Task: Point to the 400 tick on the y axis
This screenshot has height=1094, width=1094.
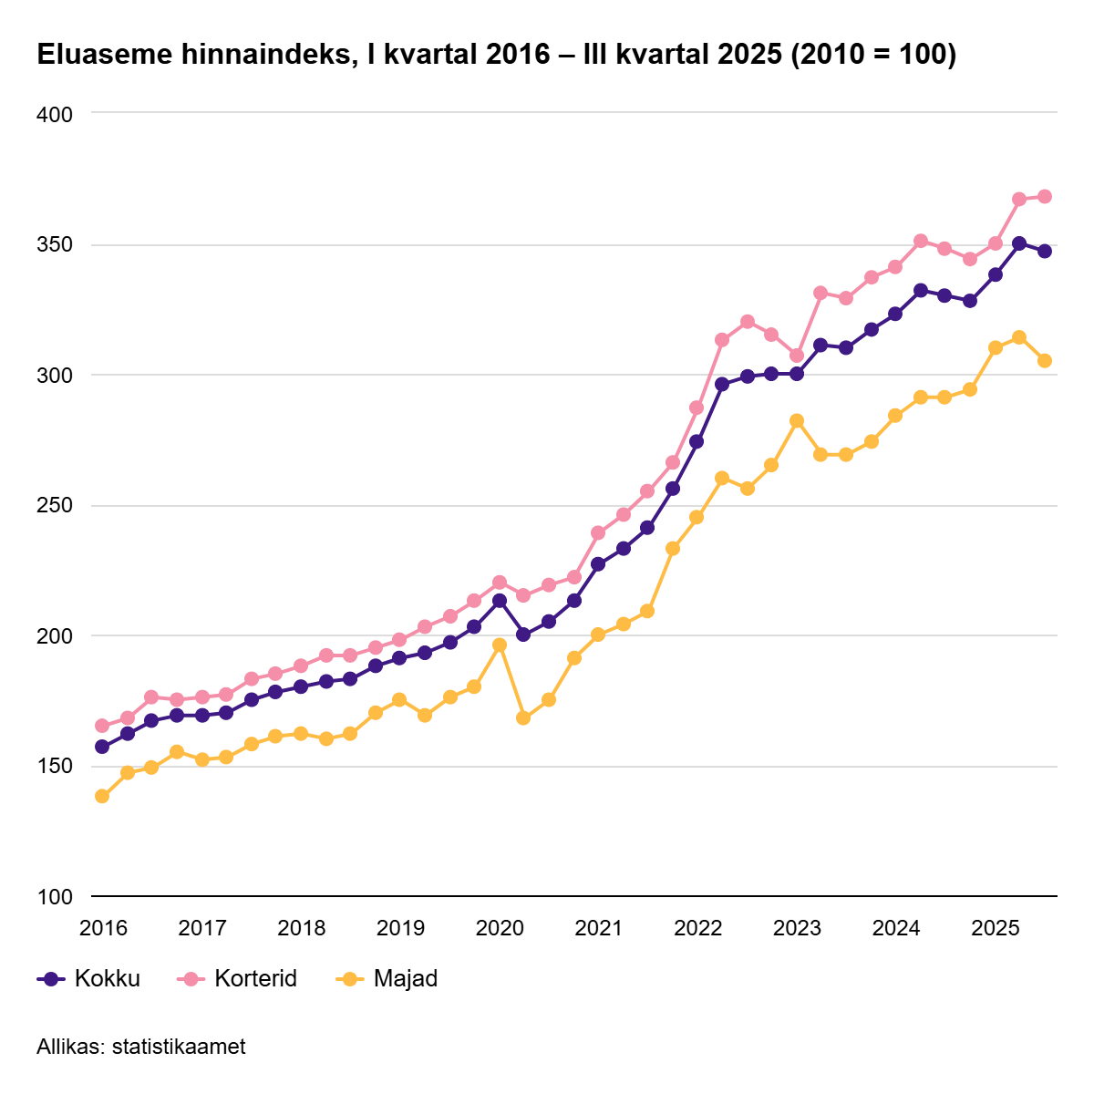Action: pyautogui.click(x=55, y=114)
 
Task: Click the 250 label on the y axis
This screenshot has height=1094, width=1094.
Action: pyautogui.click(x=55, y=506)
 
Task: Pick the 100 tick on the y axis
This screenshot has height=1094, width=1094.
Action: pyautogui.click(x=55, y=897)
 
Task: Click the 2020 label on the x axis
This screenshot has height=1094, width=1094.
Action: pyautogui.click(x=500, y=929)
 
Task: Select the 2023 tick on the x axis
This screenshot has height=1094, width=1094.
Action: pyautogui.click(x=797, y=929)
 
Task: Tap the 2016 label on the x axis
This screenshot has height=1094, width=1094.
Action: pyautogui.click(x=103, y=929)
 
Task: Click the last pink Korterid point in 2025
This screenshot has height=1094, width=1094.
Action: pyautogui.click(x=1045, y=197)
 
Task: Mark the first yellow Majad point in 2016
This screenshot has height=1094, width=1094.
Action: pyautogui.click(x=102, y=796)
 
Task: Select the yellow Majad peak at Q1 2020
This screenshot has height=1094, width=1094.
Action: pyautogui.click(x=500, y=645)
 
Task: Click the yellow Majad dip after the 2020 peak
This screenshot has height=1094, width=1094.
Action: pyautogui.click(x=523, y=717)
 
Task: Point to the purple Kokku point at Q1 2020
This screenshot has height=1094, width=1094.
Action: pyautogui.click(x=500, y=601)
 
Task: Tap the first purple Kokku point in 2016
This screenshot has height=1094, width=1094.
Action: pyautogui.click(x=102, y=747)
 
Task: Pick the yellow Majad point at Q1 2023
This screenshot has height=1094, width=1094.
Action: pyautogui.click(x=797, y=420)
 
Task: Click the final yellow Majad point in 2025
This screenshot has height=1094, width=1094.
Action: pyautogui.click(x=1045, y=361)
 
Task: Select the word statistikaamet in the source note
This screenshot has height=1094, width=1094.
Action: pyautogui.click(x=179, y=1047)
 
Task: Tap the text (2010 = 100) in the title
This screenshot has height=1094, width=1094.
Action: pyautogui.click(x=873, y=55)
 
